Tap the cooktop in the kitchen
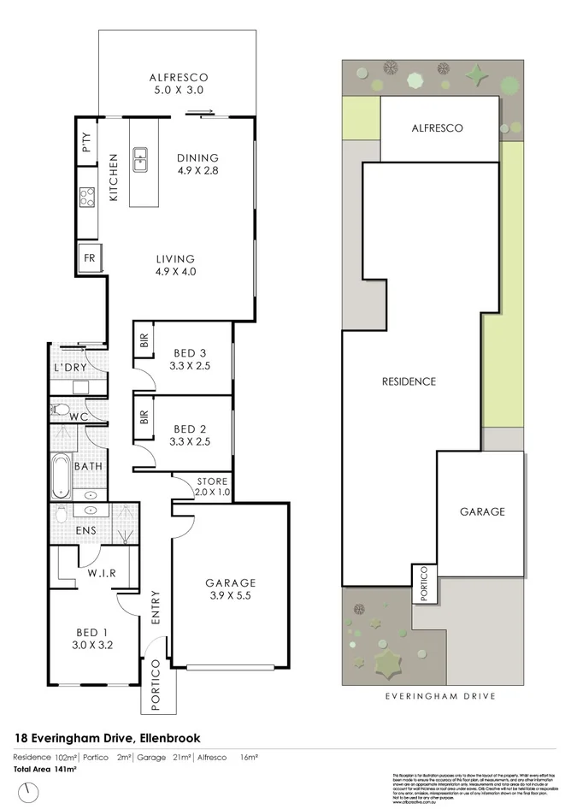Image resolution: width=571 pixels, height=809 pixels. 87,198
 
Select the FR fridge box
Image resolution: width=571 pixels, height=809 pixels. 89,257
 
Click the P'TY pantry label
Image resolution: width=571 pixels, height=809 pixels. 87,142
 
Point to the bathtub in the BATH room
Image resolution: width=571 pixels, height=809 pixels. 60,477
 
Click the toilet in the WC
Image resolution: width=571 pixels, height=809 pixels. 60,410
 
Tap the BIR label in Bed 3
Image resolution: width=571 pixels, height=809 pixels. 143,343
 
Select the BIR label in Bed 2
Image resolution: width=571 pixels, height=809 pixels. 143,417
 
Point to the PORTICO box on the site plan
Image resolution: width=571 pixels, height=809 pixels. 423,583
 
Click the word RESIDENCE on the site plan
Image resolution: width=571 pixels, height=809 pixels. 408,381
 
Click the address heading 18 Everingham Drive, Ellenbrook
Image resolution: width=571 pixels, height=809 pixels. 108,737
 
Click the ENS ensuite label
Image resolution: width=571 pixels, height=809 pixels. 85,530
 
